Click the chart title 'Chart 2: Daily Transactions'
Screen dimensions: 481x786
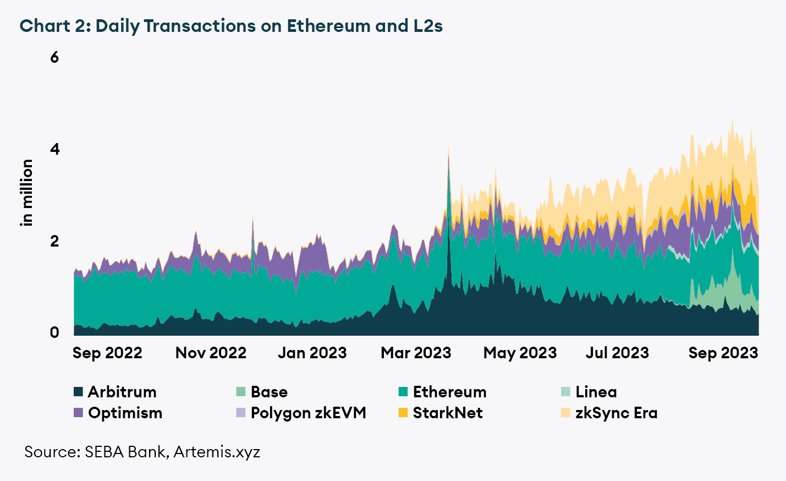pos(231,26)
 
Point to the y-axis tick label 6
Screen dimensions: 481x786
pos(54,57)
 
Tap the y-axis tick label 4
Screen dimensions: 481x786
pos(54,149)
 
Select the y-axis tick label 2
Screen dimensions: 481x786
pos(54,241)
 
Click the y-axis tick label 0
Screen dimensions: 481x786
pos(54,332)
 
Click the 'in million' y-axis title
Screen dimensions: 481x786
pos(26,193)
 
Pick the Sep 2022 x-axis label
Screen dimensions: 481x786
pos(107,353)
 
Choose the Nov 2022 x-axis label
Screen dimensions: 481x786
pos(211,353)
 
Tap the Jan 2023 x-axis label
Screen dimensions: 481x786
pos(312,353)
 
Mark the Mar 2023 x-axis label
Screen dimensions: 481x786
pos(416,353)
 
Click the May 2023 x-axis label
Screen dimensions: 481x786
pos(520,353)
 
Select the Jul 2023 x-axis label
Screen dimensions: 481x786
pos(617,353)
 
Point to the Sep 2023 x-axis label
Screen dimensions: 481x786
pos(723,353)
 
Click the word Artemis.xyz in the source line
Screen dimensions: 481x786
pos(217,452)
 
